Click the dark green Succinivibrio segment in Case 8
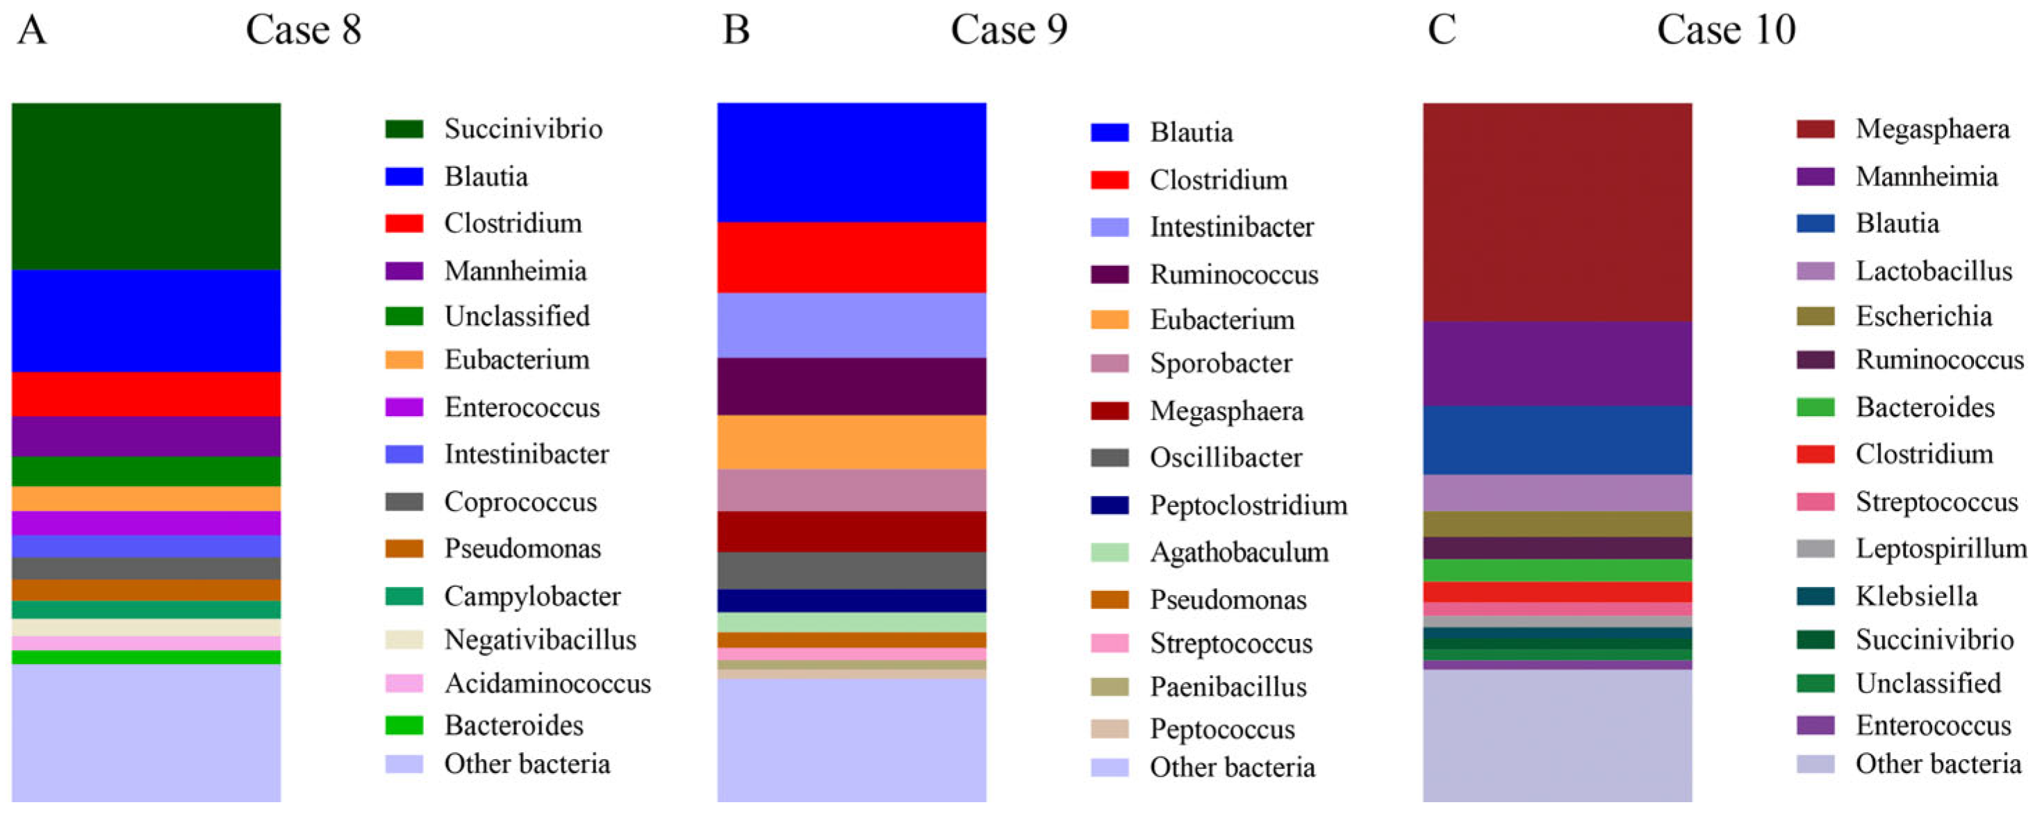pos(146,185)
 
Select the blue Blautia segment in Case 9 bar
pos(852,162)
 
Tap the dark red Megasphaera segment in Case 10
pos(1557,212)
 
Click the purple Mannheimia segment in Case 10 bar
pos(1557,363)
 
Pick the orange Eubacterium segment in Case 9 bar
pos(852,442)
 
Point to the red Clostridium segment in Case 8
pos(146,393)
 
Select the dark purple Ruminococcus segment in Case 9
pos(852,386)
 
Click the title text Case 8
pos(304,30)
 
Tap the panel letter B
pos(736,30)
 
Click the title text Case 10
pos(1725,30)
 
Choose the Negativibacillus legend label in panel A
pos(540,640)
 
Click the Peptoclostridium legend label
pos(1249,506)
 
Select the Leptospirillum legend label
pos(1941,548)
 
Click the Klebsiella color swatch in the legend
pos(1815,596)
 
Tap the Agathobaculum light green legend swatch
pos(1109,552)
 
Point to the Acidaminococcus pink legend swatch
pos(404,683)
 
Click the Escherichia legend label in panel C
pos(1923,317)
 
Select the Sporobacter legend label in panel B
pos(1221,363)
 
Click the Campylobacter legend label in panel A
pos(532,596)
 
